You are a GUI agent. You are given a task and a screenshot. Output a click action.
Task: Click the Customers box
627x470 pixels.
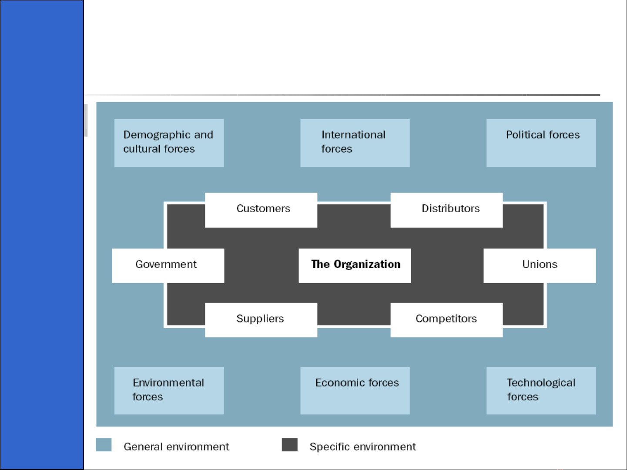(x=261, y=210)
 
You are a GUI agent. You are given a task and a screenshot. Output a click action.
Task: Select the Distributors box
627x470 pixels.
(x=446, y=210)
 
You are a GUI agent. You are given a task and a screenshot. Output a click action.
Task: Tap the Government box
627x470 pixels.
(x=168, y=266)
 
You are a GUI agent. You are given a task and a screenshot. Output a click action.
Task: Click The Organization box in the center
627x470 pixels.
(x=355, y=266)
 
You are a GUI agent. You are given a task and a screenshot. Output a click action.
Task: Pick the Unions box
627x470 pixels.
(x=540, y=266)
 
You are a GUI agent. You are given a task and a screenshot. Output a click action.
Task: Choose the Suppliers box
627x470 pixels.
(x=261, y=320)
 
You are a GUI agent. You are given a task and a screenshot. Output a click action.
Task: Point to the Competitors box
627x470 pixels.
(x=446, y=320)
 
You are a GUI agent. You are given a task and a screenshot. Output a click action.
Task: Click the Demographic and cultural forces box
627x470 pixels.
(x=169, y=143)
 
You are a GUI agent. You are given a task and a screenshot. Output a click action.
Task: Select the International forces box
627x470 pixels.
(x=355, y=143)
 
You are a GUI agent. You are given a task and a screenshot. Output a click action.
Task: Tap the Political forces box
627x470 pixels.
(x=541, y=143)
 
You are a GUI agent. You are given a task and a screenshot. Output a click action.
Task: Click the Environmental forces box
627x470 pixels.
(x=169, y=390)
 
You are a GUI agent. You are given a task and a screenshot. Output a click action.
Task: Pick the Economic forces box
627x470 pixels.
(x=355, y=390)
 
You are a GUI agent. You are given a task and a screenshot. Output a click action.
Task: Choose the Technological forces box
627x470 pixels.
(x=541, y=390)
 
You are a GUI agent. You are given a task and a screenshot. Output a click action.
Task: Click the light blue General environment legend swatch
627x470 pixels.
(x=104, y=445)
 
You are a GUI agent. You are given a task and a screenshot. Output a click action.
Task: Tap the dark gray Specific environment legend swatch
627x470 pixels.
(x=289, y=445)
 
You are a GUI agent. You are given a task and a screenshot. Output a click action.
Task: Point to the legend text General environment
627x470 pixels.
(x=176, y=447)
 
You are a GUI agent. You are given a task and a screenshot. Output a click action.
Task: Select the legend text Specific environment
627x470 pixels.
(x=362, y=447)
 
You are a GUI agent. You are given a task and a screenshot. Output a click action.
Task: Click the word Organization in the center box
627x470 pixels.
(x=367, y=264)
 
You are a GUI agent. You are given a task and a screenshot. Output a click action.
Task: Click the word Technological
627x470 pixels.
(x=541, y=383)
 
